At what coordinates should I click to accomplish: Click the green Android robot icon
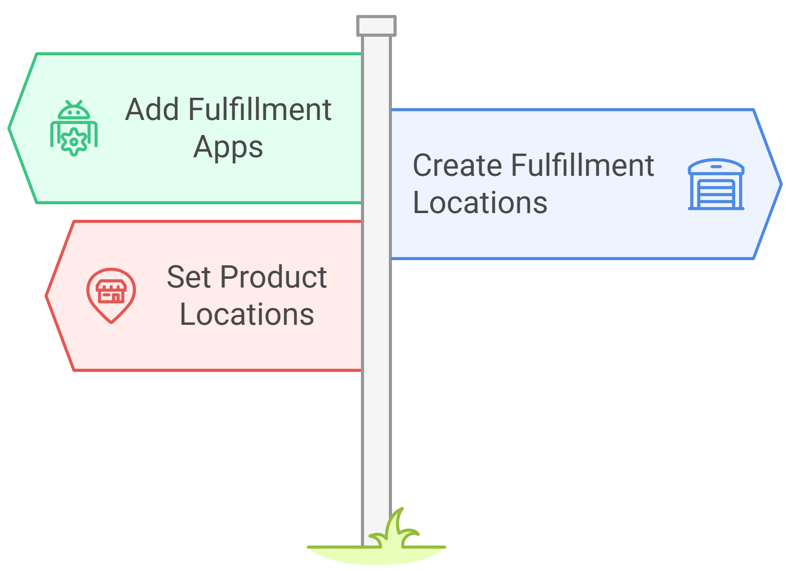click(x=74, y=128)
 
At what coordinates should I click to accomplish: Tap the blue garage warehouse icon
click(x=716, y=184)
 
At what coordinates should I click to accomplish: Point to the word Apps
click(x=228, y=147)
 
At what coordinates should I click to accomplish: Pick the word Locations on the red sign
click(x=247, y=314)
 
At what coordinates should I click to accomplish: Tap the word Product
click(x=273, y=277)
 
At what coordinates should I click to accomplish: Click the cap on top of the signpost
click(x=376, y=26)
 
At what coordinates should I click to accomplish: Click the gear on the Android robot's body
click(x=74, y=141)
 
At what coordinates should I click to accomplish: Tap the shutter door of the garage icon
click(x=716, y=193)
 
